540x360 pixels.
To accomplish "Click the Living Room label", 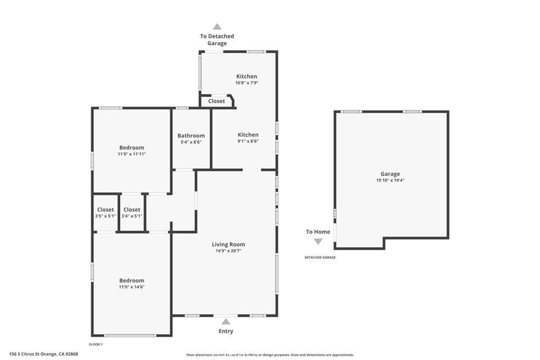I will tap(228, 244).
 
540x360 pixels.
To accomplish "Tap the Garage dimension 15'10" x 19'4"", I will tap(390, 180).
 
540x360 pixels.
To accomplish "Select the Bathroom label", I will tap(191, 135).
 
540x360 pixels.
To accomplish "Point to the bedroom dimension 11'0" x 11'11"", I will tap(131, 154).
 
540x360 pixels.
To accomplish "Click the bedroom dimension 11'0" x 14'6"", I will tap(131, 287).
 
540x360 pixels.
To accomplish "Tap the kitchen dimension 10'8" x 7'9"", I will tap(246, 83).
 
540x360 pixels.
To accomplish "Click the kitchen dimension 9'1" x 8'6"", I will tap(248, 141).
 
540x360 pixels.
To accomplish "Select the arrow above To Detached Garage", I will tap(217, 27).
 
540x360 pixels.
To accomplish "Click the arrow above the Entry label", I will tap(226, 321).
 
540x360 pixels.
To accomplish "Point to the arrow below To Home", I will tap(318, 241).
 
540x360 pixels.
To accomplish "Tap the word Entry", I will tap(226, 331).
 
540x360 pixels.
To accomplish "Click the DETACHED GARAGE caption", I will tap(320, 257).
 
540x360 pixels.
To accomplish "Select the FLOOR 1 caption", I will tap(95, 344).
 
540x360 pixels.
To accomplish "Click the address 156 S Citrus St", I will tap(44, 354).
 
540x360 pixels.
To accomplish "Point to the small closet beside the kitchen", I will tap(217, 101).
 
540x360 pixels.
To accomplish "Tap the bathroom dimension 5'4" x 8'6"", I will tap(191, 142).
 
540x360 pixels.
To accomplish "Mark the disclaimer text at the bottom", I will tap(270, 355).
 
